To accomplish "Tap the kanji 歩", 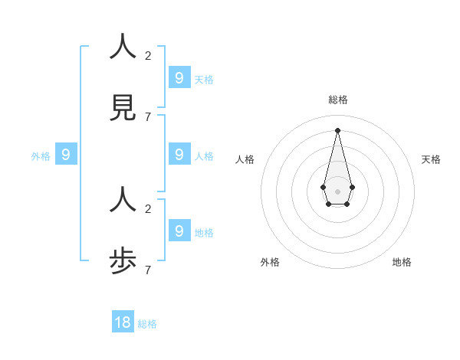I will pos(123,262).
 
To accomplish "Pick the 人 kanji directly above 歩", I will pos(123,201).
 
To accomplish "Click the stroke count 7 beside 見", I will pos(148,116).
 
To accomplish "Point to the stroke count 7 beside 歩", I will pos(148,270).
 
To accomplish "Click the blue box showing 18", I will pos(123,322).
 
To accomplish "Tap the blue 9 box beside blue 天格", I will pos(179,77).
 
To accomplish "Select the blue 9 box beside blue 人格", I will pos(179,154).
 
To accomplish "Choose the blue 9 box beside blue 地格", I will pos(179,231).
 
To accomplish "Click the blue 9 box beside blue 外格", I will pos(66,154).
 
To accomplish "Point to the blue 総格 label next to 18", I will pos(147,324).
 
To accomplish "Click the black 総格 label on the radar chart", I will pos(337,100).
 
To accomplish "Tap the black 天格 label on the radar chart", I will pos(431,159).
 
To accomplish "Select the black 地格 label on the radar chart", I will pos(402,262).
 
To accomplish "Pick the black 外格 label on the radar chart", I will pos(270,262).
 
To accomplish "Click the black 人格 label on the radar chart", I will pos(245,159).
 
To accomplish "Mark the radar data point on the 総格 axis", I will pos(337,129).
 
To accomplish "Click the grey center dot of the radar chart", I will pos(337,191).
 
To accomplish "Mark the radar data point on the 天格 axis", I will pos(352,187).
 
